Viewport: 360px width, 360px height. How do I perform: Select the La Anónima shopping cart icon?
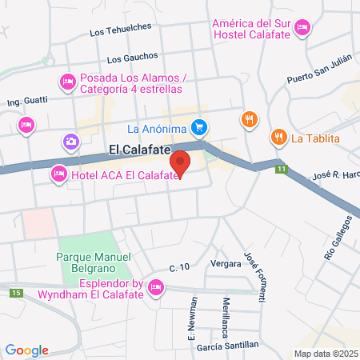point(200,127)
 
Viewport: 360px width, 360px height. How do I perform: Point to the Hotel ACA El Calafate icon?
point(58,174)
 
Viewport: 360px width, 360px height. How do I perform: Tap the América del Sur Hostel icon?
point(302,28)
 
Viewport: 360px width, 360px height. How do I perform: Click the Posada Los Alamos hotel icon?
point(68,82)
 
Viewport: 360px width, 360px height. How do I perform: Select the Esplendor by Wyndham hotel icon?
point(157,286)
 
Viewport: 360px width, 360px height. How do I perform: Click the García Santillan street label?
point(229,344)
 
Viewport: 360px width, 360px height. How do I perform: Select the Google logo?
point(26,350)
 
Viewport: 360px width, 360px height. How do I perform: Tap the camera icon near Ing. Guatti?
point(72,142)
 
